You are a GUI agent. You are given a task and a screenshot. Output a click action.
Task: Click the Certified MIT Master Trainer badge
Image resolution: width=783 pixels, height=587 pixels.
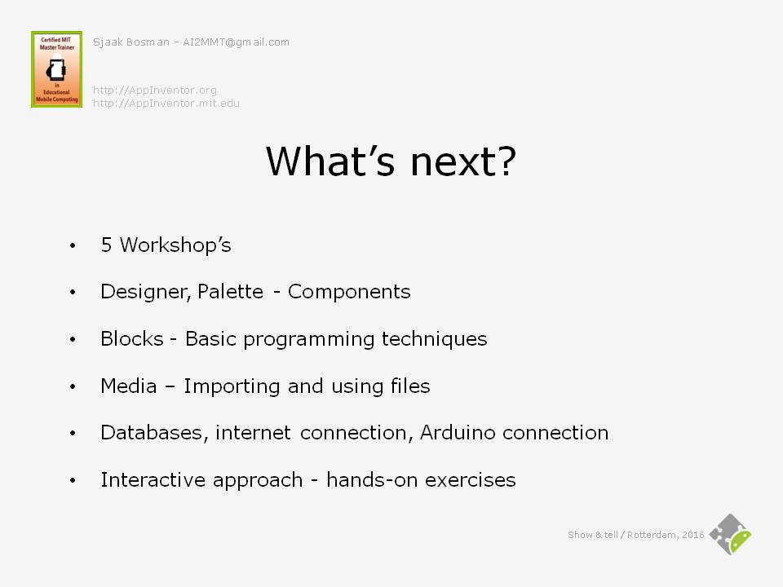coord(56,68)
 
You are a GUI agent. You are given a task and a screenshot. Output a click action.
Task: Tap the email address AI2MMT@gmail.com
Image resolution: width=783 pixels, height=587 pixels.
coord(237,42)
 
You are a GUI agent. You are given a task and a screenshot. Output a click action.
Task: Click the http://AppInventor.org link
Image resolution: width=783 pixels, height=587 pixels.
coord(155,90)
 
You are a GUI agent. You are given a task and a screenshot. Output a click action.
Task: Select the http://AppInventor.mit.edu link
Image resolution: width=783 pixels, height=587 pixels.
coord(166,104)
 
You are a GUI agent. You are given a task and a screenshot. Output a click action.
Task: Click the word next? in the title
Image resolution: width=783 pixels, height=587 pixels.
coord(463,161)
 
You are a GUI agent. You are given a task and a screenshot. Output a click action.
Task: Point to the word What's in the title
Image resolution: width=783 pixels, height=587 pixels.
coord(330,161)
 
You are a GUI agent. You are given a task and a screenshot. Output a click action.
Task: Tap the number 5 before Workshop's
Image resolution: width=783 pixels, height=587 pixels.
coord(106,245)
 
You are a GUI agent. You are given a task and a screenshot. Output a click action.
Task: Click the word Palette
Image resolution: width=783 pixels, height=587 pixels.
coord(230,291)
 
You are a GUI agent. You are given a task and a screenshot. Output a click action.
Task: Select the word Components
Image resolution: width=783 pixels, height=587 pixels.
coord(349,292)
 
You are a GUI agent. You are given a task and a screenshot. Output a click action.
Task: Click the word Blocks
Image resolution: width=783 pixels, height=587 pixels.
coord(132,338)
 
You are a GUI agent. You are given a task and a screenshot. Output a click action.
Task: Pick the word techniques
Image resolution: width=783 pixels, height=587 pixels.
coord(435,339)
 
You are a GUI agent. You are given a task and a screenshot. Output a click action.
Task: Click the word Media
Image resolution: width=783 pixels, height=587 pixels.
coord(129,386)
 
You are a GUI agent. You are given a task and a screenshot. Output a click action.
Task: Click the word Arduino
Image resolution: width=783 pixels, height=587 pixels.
coord(458,432)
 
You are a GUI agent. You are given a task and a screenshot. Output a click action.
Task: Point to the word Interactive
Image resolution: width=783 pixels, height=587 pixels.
coord(153,479)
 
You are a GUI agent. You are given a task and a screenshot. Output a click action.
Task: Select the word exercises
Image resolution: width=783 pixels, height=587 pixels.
coord(471,480)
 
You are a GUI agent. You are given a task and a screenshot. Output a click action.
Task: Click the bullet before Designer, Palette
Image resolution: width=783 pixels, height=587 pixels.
coord(73,292)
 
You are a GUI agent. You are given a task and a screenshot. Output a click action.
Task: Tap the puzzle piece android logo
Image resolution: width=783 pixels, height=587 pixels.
coord(731,535)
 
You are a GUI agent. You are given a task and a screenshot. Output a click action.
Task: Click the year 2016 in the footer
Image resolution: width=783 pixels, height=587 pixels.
coord(693,535)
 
